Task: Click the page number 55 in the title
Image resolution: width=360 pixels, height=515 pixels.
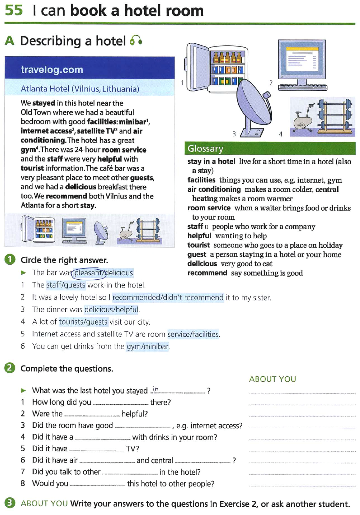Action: pyautogui.click(x=14, y=10)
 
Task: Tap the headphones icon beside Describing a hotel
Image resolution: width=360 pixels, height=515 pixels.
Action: pyautogui.click(x=136, y=41)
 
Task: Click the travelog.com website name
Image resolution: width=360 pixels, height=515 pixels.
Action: pyautogui.click(x=52, y=69)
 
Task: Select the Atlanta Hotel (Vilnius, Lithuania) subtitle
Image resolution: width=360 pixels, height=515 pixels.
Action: pyautogui.click(x=80, y=89)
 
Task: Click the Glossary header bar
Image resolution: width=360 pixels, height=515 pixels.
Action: pyautogui.click(x=270, y=149)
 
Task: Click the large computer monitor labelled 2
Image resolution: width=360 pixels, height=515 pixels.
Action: pyautogui.click(x=302, y=62)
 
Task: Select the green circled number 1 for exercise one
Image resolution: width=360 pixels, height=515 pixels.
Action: pyautogui.click(x=10, y=259)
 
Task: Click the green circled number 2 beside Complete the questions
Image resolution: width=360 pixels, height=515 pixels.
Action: pyautogui.click(x=10, y=368)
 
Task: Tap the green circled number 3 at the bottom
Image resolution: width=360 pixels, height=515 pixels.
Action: pyautogui.click(x=10, y=503)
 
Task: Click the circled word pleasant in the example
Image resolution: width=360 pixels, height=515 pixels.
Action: pyautogui.click(x=87, y=273)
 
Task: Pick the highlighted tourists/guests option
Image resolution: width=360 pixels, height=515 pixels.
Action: pyautogui.click(x=83, y=322)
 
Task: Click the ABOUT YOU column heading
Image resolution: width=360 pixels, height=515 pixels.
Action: pyautogui.click(x=272, y=379)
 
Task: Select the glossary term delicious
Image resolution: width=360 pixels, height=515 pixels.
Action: pyautogui.click(x=202, y=264)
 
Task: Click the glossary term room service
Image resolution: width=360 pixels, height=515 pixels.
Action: pyautogui.click(x=209, y=208)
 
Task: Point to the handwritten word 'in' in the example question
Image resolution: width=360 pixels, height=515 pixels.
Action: pyautogui.click(x=155, y=389)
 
